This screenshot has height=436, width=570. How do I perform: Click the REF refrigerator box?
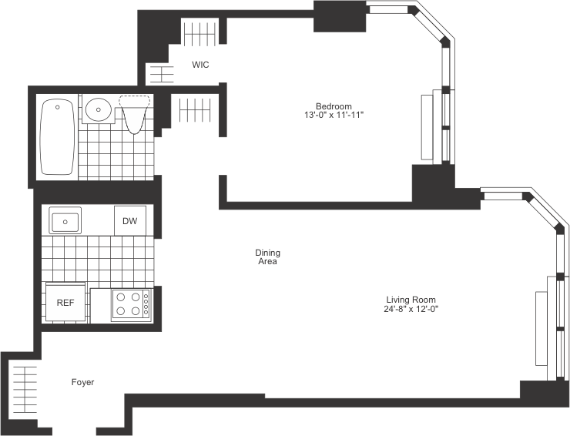click(65, 302)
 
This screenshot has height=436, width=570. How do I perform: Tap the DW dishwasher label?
click(129, 221)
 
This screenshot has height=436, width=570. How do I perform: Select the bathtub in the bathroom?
click(57, 137)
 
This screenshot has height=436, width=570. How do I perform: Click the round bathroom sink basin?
click(98, 110)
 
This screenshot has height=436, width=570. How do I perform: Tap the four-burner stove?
click(129, 304)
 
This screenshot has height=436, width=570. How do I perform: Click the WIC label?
click(200, 65)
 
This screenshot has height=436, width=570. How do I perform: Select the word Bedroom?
click(334, 106)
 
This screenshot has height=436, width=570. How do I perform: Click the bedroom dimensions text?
click(334, 115)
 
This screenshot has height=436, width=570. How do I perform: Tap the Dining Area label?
click(267, 257)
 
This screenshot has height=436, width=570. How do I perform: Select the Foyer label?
click(82, 382)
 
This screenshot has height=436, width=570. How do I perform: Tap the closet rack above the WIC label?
click(199, 34)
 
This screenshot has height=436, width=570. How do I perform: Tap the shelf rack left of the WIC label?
click(163, 74)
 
